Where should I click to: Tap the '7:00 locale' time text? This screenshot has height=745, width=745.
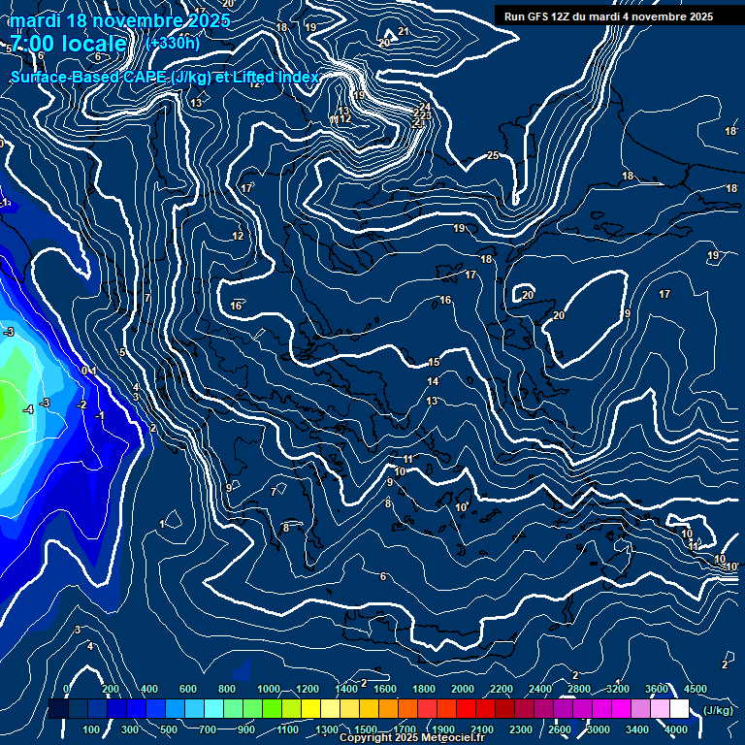(68, 43)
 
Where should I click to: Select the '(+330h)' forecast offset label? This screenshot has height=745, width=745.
(173, 43)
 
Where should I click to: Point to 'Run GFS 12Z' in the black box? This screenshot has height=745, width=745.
(539, 16)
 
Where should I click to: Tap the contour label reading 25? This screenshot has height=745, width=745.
(493, 155)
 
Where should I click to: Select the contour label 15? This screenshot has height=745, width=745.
(434, 362)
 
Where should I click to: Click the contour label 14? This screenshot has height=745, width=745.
(433, 381)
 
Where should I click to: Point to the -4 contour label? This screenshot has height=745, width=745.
(29, 409)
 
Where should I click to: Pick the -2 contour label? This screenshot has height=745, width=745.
(82, 405)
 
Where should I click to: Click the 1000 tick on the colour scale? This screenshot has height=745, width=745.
(268, 689)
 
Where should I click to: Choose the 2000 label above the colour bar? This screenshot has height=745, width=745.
(463, 689)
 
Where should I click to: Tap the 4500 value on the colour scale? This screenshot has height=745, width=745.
(696, 689)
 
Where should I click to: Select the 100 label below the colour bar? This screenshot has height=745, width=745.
(91, 729)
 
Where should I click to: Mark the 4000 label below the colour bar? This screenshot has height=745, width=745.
(676, 729)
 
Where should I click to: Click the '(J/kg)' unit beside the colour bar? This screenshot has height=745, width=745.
(718, 710)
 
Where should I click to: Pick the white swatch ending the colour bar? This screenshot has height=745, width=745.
(679, 709)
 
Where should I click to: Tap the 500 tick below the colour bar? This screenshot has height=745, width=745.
(169, 729)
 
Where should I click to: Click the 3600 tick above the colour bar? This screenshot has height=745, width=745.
(657, 689)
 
